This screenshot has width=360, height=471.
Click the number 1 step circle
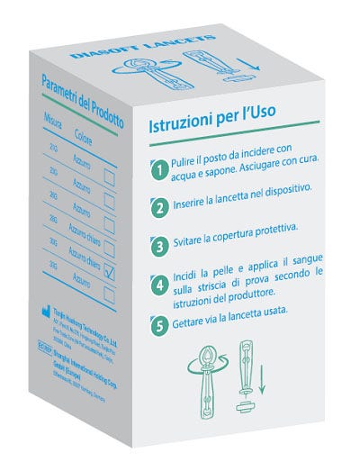(158, 168)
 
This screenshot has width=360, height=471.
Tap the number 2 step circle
(158, 208)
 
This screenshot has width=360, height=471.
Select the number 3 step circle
(158, 244)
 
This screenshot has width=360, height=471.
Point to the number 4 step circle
(158, 285)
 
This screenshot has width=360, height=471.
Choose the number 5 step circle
(158, 327)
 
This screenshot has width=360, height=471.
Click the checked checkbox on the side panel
(110, 271)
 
